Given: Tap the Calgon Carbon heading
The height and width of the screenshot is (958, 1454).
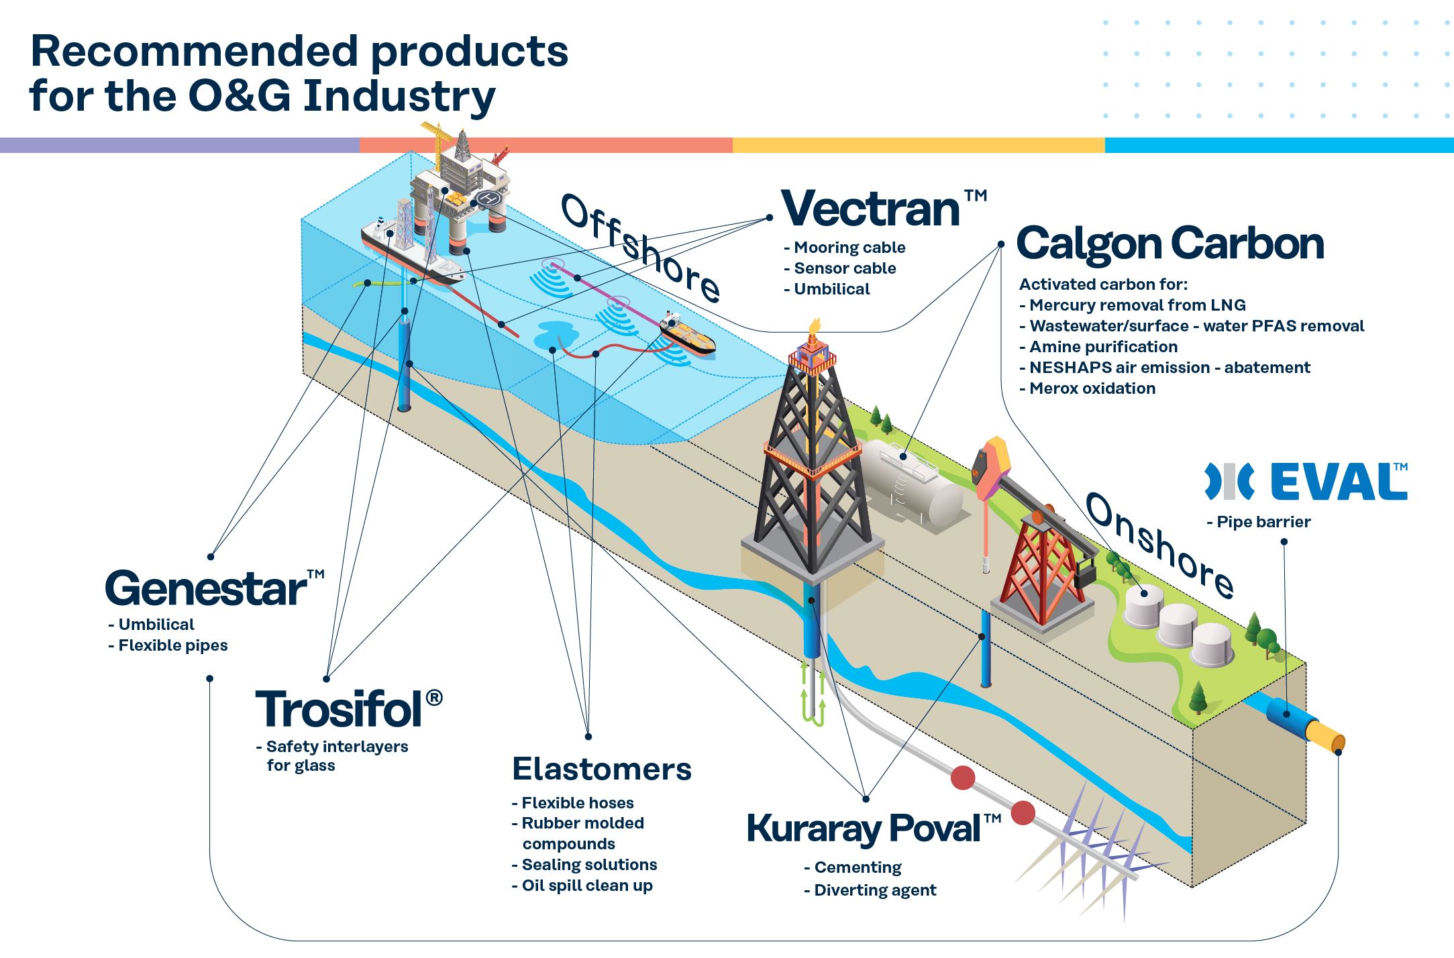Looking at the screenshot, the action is [1170, 243].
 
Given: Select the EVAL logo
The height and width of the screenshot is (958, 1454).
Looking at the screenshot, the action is [1306, 481].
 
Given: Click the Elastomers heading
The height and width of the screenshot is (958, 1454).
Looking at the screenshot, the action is [602, 769].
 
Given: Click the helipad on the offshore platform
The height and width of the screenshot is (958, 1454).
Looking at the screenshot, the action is [489, 198].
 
